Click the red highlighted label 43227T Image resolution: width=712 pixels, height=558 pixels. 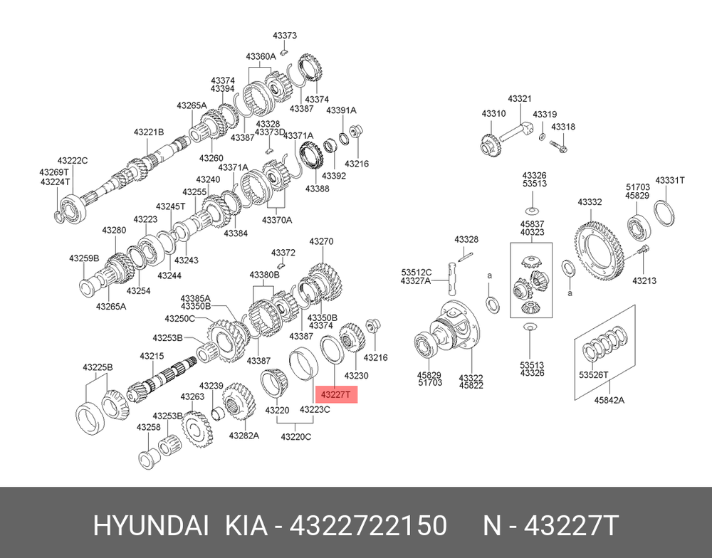point(336,394)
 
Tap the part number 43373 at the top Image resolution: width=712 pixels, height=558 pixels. point(285,36)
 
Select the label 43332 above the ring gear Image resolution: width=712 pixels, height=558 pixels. point(590,202)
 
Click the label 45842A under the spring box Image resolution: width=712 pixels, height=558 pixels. point(609,400)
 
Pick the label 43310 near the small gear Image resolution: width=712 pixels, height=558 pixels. point(493,113)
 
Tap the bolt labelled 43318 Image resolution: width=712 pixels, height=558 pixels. point(558,146)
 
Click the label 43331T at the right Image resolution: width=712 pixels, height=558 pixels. point(670,180)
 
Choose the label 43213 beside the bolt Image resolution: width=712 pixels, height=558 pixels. point(644,280)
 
